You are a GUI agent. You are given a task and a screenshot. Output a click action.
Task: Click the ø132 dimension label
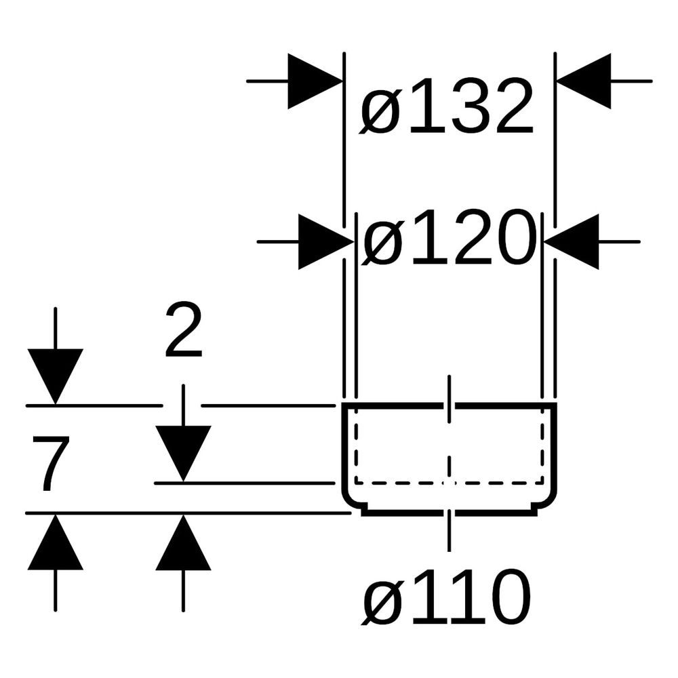[447, 106]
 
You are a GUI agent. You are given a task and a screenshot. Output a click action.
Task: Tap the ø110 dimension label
[446, 597]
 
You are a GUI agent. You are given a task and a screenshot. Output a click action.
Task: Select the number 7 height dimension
[50, 463]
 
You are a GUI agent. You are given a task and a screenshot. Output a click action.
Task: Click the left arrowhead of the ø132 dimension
[315, 81]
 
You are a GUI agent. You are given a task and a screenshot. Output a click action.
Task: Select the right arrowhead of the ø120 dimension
[572, 242]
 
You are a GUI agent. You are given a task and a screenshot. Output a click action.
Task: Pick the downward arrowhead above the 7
[56, 376]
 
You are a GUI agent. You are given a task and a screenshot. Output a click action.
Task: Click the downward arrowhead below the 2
[183, 454]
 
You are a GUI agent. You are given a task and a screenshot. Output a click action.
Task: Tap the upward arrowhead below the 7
[56, 542]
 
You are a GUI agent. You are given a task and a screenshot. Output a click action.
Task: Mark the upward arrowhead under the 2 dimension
[183, 542]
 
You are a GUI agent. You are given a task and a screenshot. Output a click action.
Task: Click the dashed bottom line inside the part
[450, 482]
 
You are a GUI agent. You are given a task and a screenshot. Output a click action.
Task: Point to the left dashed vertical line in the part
[357, 445]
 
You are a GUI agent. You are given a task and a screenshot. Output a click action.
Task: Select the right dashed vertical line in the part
[542, 445]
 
